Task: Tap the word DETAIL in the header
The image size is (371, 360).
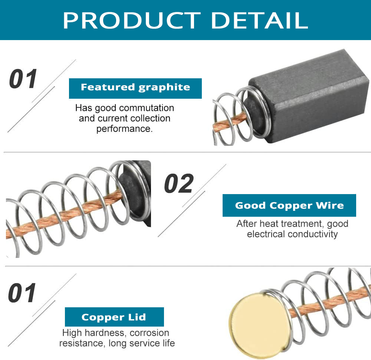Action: tap(259, 20)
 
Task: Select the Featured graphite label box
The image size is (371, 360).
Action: tap(135, 88)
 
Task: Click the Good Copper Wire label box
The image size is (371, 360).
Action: tap(289, 206)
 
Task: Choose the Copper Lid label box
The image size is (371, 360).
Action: tap(114, 317)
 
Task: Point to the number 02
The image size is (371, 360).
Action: tap(179, 183)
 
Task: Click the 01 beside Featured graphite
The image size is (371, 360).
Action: tap(23, 79)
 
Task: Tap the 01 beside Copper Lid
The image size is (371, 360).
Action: tap(22, 293)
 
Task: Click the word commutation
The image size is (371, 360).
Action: tap(147, 108)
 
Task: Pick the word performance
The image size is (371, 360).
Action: tap(124, 129)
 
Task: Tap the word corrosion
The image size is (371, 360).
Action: tap(149, 333)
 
